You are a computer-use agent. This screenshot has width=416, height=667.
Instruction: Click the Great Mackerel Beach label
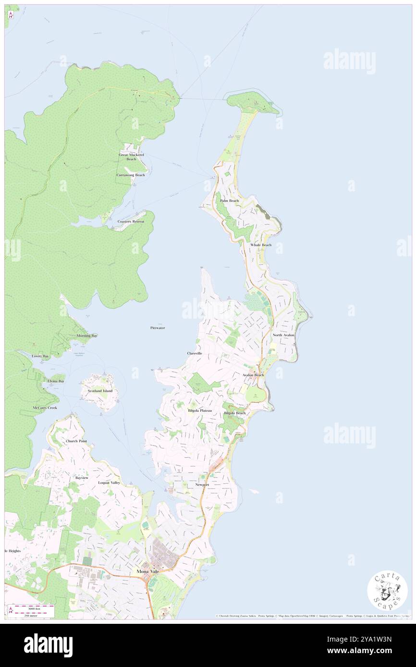[132, 157]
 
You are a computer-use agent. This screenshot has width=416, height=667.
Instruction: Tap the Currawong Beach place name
[131, 175]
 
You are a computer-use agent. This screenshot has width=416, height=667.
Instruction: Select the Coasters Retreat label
[131, 221]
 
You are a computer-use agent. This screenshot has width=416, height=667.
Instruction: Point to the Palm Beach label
[229, 201]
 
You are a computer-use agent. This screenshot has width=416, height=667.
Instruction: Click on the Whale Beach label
[261, 245]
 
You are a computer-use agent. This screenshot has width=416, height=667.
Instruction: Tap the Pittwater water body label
[158, 328]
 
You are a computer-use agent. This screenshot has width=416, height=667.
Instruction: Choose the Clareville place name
[195, 353]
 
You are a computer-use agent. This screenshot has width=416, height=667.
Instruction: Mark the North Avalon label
[283, 335]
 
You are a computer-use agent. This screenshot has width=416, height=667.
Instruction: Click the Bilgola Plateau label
[200, 411]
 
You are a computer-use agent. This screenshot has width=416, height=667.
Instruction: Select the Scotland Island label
[100, 391]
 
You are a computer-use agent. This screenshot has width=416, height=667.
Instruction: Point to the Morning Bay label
[87, 335]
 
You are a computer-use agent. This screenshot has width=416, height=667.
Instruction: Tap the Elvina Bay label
[56, 381]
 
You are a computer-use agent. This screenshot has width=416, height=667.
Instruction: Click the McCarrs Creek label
[45, 408]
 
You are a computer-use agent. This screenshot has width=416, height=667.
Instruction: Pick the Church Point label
[76, 441]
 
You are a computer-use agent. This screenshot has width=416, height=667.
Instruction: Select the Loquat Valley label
[109, 482]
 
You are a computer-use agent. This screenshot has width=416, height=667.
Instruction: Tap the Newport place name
[202, 485]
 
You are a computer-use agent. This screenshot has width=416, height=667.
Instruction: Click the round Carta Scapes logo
[387, 590]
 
